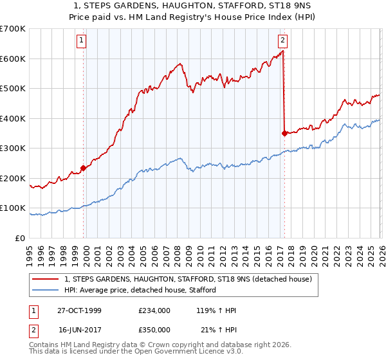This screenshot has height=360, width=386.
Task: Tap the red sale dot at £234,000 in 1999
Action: coord(84,168)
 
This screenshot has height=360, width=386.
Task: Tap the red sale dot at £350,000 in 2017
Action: coord(284,133)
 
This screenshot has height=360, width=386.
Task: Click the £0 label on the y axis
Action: coord(20,238)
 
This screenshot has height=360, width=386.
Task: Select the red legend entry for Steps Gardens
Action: coord(188,279)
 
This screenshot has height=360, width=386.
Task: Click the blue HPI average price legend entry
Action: coord(140,290)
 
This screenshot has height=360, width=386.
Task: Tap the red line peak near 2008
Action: coord(181,63)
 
